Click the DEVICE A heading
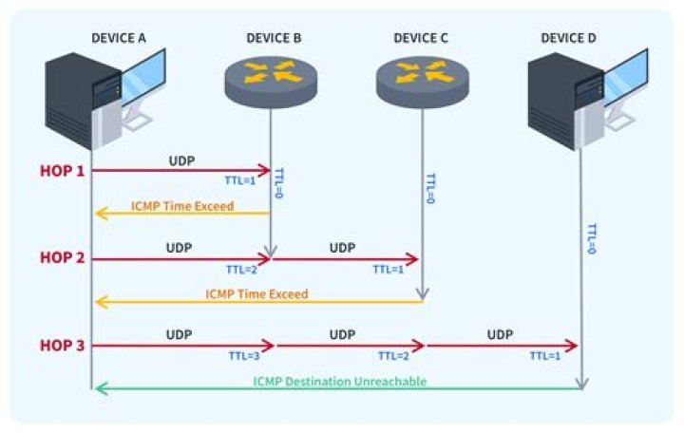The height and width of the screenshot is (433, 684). click(118, 37)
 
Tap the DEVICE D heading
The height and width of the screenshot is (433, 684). click(569, 37)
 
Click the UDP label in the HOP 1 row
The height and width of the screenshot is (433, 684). click(180, 160)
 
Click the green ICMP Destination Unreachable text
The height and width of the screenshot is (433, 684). click(339, 381)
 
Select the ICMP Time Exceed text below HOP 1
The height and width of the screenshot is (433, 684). click(183, 206)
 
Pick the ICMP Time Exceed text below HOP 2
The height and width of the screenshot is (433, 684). click(256, 294)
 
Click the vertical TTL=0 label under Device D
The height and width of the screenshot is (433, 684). click(591, 238)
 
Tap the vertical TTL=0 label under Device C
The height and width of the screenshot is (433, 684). click(429, 191)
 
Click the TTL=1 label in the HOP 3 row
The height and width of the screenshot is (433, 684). click(544, 355)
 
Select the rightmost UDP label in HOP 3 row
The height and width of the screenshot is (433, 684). click(500, 335)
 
